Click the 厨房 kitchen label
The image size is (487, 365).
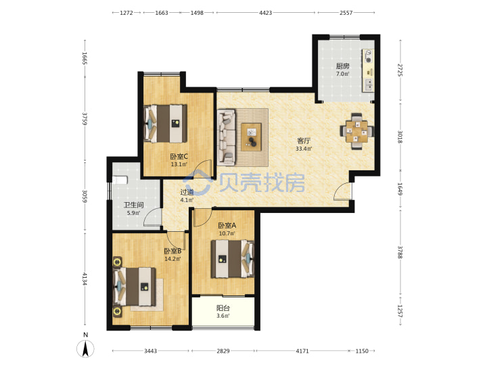coord(342,66)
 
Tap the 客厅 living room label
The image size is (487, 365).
coord(304,141)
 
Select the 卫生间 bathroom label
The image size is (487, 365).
coord(133,205)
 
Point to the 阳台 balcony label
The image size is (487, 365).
coord(223,308)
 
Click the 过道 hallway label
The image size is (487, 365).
coord(187,192)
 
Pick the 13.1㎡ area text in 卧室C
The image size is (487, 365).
coord(179,164)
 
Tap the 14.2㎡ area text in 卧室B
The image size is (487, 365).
coord(172,259)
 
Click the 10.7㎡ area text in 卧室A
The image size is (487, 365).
coord(227,233)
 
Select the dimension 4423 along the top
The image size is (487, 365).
coord(266,13)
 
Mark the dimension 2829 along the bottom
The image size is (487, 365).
coord(223,351)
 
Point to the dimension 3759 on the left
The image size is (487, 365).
coord(85,118)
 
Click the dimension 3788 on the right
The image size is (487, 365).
coord(400,252)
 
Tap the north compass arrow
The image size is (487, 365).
coord(85,348)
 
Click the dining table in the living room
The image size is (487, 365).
coord(357,131)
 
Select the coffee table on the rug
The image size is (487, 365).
coord(251,137)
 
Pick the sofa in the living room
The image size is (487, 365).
coord(227,137)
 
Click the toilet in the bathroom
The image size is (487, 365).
coord(120,180)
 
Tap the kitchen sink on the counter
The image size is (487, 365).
coord(369,84)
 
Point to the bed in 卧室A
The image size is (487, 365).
coord(233,259)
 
